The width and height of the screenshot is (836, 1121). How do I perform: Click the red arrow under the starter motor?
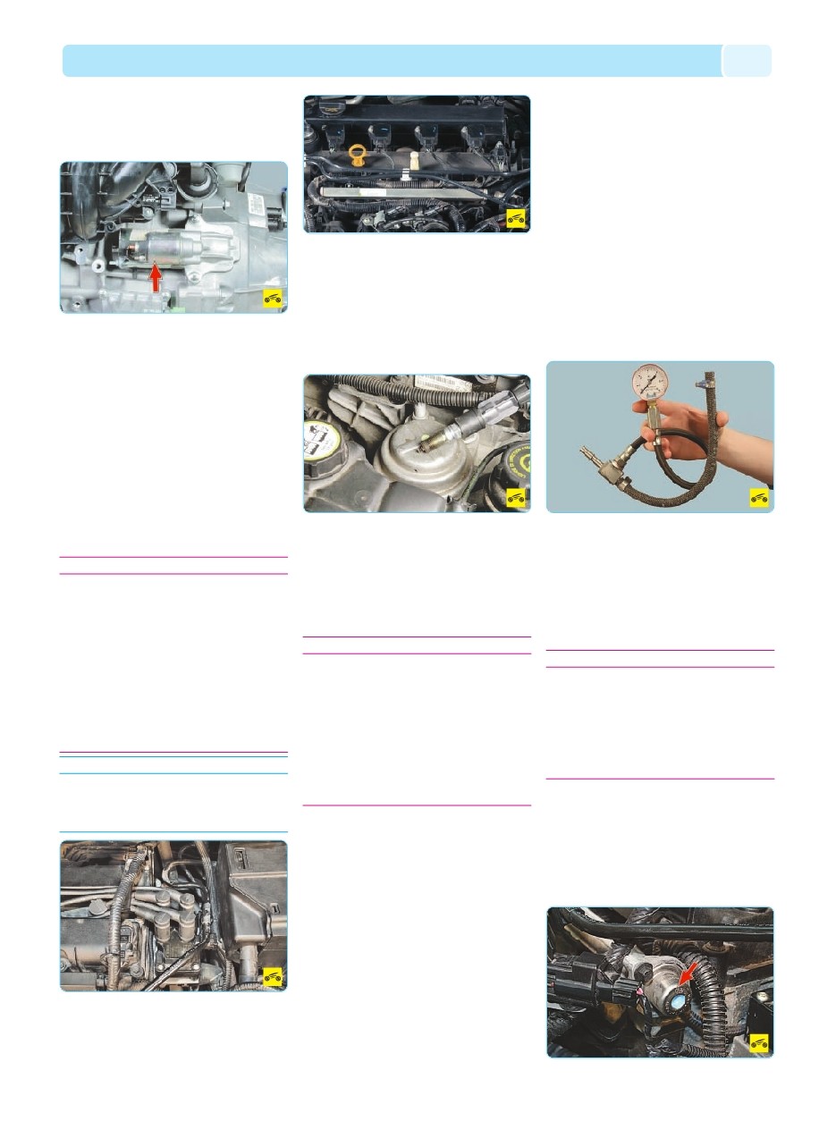coord(156,279)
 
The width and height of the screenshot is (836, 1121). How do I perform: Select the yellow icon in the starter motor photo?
coord(273,299)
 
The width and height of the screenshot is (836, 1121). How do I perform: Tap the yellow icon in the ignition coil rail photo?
coord(516,218)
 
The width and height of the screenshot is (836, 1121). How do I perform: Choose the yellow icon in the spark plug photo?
coord(516,498)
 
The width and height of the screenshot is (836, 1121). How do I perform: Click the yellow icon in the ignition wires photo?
coord(273,976)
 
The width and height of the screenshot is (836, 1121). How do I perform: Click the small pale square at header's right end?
coord(747,61)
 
